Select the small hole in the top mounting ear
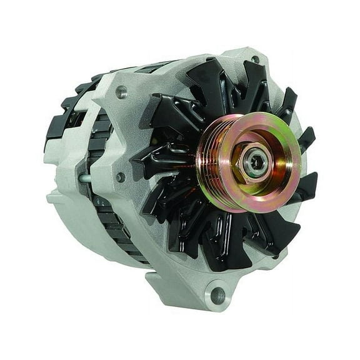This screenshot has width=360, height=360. pyautogui.click(x=254, y=61)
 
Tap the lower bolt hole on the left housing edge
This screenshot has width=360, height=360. pyautogui.click(x=119, y=177)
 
